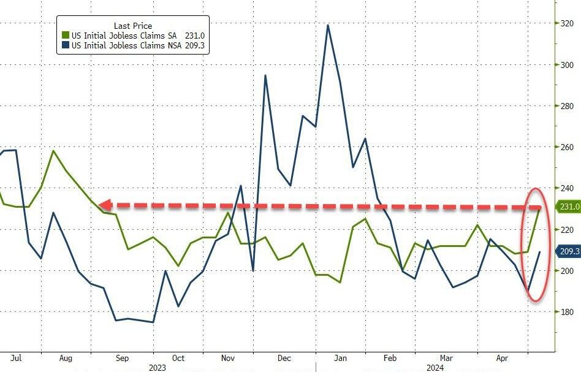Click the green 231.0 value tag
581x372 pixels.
click(x=569, y=207)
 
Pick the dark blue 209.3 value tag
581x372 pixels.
click(x=569, y=251)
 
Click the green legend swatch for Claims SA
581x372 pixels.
click(x=65, y=36)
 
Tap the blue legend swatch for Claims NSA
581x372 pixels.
click(x=65, y=45)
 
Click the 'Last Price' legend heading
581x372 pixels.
click(x=133, y=26)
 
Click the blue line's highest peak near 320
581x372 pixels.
click(x=328, y=25)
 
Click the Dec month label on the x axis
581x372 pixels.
click(x=284, y=358)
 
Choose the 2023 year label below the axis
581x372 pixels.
click(x=158, y=368)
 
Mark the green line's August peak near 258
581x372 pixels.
click(x=53, y=151)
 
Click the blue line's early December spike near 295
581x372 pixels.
click(x=265, y=75)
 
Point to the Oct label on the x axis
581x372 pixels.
click(x=178, y=358)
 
